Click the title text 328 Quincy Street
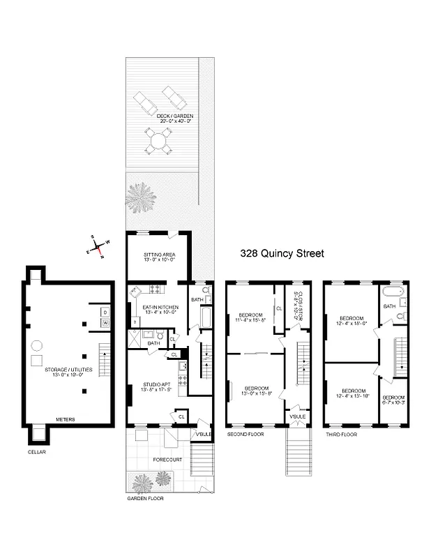[x=282, y=254]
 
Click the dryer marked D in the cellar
[x=106, y=312]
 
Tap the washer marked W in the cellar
[x=106, y=323]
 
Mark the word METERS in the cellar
[x=66, y=419]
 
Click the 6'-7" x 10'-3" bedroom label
[x=393, y=400]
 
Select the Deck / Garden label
[x=174, y=118]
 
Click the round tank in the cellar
[x=39, y=345]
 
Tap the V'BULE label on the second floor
[x=295, y=416]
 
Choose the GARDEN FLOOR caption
[x=144, y=499]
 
